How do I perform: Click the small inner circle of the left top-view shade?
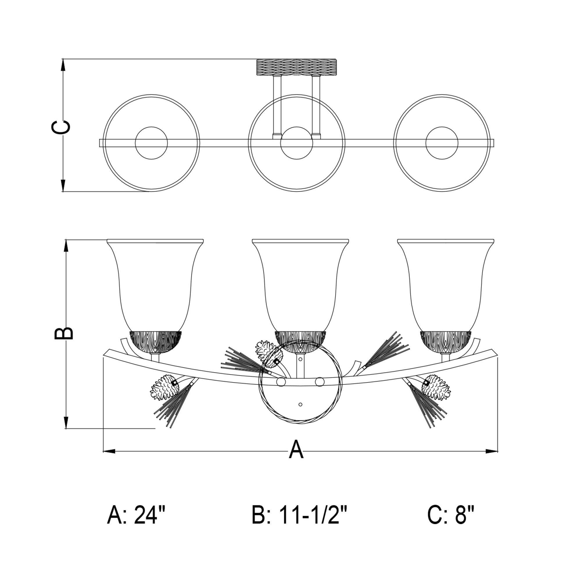pos(151,143)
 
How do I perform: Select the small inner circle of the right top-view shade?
pos(442,143)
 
